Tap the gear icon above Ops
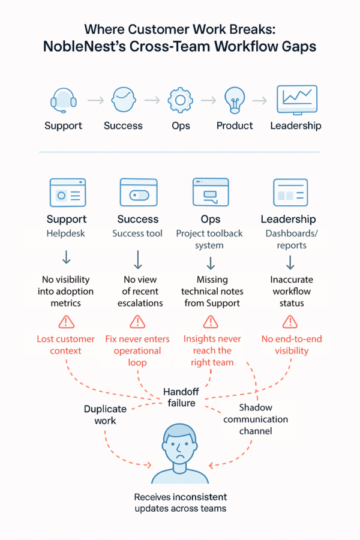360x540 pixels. pyautogui.click(x=180, y=100)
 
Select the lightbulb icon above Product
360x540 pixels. pyautogui.click(x=235, y=100)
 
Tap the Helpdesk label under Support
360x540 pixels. pyautogui.click(x=66, y=233)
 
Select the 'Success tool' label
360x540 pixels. pyautogui.click(x=137, y=233)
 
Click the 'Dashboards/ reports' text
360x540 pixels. pyautogui.click(x=290, y=239)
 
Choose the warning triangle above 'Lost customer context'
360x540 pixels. pyautogui.click(x=66, y=322)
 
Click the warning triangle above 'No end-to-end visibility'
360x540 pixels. pyautogui.click(x=290, y=322)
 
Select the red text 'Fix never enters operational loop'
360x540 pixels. pyautogui.click(x=137, y=351)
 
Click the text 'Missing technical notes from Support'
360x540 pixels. pyautogui.click(x=211, y=291)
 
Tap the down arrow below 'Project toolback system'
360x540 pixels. pyautogui.click(x=211, y=263)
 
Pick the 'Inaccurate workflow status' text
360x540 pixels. pyautogui.click(x=290, y=291)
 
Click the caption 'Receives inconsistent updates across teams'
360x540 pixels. pyautogui.click(x=180, y=503)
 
